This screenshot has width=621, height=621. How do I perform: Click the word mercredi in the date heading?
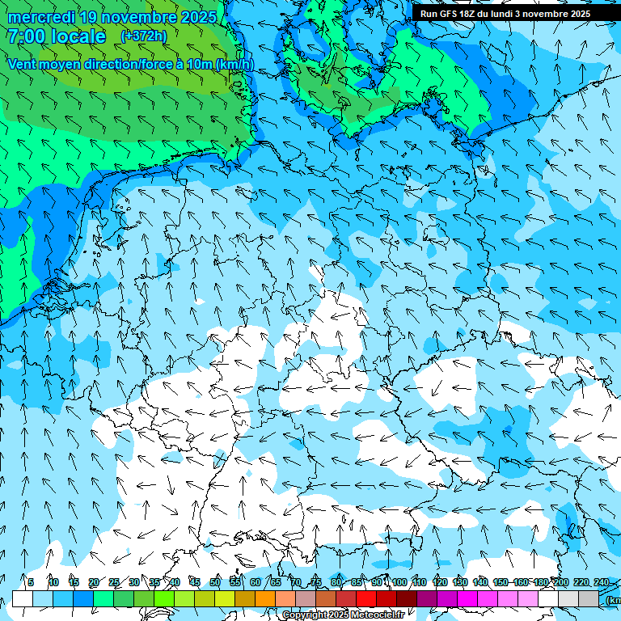[x=38, y=17]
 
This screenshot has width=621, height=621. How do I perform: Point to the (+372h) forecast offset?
[x=144, y=36]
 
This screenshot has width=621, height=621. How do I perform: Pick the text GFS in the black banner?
[x=450, y=14]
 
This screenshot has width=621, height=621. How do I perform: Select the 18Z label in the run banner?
[x=468, y=14]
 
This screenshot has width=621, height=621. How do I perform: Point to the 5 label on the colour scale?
[x=31, y=582]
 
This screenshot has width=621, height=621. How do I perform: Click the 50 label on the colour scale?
[x=215, y=582]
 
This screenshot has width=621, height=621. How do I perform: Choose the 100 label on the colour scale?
[x=399, y=582]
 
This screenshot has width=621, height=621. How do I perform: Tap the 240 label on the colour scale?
[x=602, y=582]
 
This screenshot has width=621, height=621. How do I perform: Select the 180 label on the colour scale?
[x=541, y=582]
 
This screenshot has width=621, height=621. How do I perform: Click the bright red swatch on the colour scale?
[x=366, y=598]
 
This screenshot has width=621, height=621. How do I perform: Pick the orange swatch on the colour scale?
[x=265, y=598]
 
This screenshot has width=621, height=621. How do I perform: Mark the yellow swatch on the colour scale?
[x=225, y=598]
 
